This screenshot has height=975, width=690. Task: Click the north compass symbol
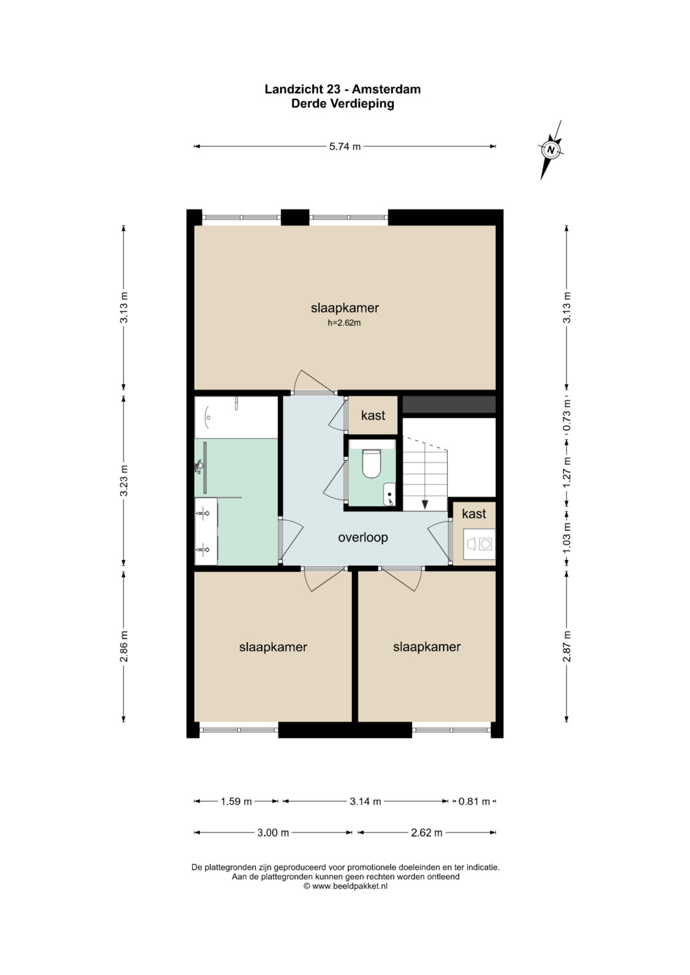click(x=551, y=150)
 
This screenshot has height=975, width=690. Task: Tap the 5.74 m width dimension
click(x=344, y=147)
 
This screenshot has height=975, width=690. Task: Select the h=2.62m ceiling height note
click(x=344, y=323)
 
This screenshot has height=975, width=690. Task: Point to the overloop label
click(x=363, y=537)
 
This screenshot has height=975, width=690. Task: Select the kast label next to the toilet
click(x=373, y=415)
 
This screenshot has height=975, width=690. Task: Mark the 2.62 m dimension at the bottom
click(x=427, y=833)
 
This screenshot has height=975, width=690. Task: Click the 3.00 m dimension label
click(x=273, y=833)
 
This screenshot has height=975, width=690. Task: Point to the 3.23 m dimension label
click(x=124, y=480)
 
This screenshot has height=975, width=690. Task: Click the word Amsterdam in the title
click(x=387, y=89)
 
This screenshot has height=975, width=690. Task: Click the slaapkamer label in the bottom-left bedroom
click(x=273, y=647)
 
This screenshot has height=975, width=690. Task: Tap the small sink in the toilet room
click(x=390, y=494)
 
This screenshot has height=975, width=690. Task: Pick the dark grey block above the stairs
click(x=449, y=404)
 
